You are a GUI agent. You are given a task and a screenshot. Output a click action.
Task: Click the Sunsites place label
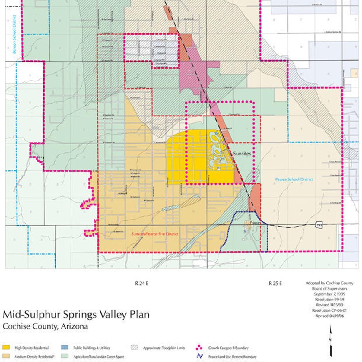(242, 154)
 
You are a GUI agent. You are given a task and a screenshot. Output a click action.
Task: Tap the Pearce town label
(255, 222)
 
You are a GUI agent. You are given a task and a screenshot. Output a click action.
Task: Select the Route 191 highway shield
(319, 225)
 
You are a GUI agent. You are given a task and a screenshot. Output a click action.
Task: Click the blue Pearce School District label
(294, 179)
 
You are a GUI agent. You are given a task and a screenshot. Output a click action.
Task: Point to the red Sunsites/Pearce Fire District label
(155, 234)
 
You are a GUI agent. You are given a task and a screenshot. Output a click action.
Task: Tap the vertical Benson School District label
(14, 34)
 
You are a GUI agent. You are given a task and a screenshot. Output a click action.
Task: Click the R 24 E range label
(141, 283)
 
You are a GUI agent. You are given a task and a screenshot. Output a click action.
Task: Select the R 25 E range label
(275, 283)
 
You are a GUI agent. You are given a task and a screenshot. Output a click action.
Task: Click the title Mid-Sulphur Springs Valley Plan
(76, 314)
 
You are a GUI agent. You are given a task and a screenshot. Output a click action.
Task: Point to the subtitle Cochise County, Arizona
(45, 326)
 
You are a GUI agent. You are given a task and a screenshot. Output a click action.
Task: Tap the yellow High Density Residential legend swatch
(6, 348)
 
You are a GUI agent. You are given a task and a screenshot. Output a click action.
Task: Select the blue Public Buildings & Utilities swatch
(65, 348)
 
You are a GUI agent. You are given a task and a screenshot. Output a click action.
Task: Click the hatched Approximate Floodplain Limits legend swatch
(134, 348)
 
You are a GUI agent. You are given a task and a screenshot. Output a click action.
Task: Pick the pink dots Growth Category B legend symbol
(199, 348)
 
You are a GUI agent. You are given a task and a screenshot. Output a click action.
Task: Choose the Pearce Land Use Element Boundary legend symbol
(199, 356)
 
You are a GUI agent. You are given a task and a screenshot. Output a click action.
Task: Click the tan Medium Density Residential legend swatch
(6, 357)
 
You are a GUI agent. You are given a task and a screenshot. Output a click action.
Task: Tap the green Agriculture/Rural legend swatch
(65, 357)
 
